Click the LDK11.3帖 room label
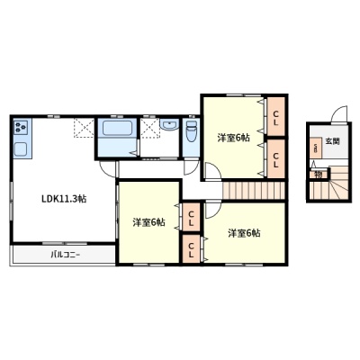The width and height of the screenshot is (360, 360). pos(64,199)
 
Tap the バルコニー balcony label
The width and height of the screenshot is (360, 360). pos(65,256)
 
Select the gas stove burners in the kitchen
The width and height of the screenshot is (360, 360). pos(21,126)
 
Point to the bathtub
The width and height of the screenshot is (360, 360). pos(117,128)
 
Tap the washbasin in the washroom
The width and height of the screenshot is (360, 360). pos(169,124)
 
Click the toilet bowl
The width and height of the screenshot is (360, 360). pos(191,132)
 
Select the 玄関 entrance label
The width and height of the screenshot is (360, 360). pos(332,141)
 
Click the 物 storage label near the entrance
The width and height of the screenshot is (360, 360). pos(318,175)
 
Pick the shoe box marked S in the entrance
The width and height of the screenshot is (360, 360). pos(316,148)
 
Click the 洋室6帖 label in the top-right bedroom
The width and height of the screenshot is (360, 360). pos(233,138)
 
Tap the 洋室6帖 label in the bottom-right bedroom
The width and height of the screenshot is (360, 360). pos(244,233)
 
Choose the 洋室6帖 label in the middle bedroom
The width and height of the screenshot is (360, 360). pos(148,222)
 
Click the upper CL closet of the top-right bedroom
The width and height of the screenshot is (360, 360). pos(276,116)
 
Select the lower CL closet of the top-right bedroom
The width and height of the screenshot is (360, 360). pos(276,158)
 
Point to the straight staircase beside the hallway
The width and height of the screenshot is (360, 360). pos(254,190)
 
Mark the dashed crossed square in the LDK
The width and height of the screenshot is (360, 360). pos(84,128)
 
